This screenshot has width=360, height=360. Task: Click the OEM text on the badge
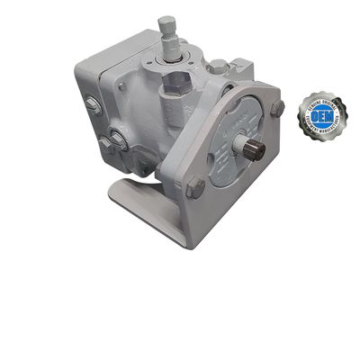[x=323, y=114]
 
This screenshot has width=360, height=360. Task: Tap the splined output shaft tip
[x=256, y=150]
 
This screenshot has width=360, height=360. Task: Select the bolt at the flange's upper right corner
[x=277, y=107]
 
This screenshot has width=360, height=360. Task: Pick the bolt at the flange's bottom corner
[x=195, y=188]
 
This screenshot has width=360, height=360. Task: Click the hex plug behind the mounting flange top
[x=220, y=67]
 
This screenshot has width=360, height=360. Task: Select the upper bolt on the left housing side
[x=93, y=105]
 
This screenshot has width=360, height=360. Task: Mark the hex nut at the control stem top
[x=166, y=23]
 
